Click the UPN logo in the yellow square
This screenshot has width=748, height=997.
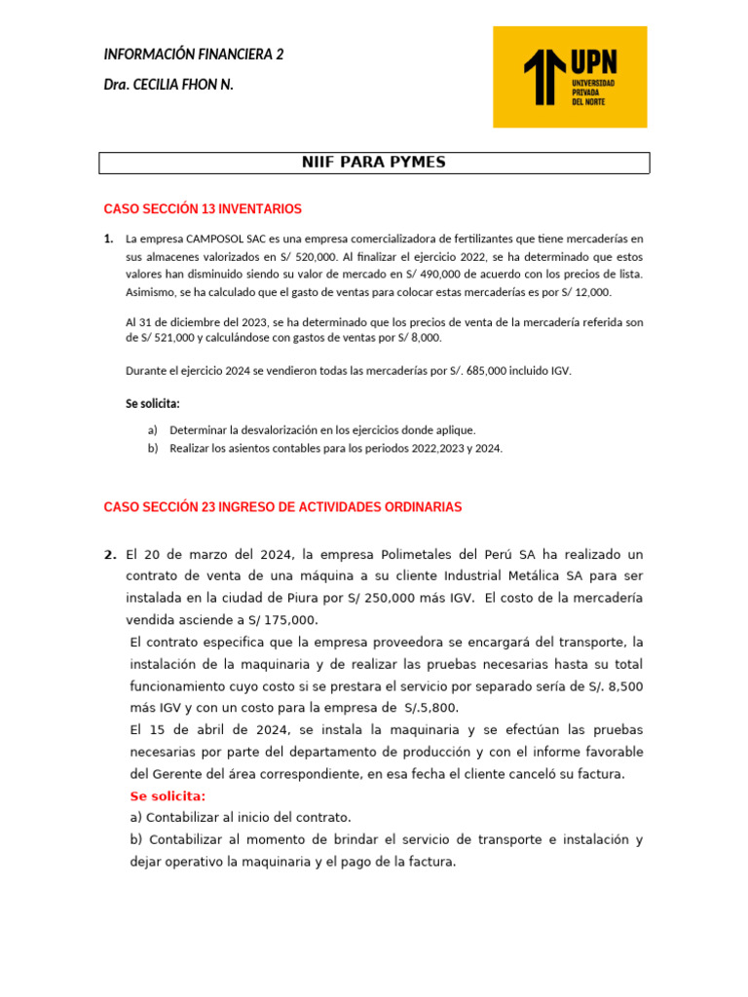pyautogui.click(x=570, y=76)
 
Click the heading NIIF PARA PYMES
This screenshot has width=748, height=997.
pyautogui.click(x=374, y=163)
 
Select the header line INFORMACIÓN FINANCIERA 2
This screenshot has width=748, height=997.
pyautogui.click(x=194, y=55)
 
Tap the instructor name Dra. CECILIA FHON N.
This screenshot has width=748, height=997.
pyautogui.click(x=168, y=85)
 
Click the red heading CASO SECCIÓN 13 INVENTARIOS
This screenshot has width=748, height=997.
pyautogui.click(x=203, y=209)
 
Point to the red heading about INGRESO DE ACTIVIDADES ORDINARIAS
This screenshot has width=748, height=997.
pyautogui.click(x=282, y=507)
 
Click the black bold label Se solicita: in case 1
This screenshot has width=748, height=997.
pyautogui.click(x=153, y=403)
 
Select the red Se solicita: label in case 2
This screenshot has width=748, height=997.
pyautogui.click(x=168, y=796)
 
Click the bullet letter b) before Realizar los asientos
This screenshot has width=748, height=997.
pyautogui.click(x=153, y=448)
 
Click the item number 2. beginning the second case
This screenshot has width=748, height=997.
pyautogui.click(x=110, y=554)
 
